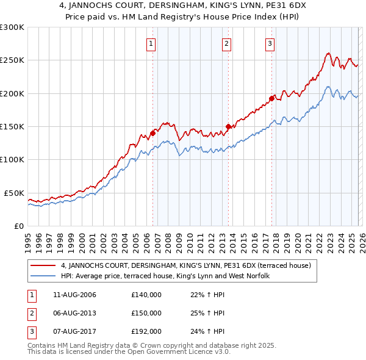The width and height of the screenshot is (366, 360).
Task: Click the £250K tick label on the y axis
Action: (12, 60)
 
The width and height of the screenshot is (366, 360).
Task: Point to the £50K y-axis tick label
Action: (15, 193)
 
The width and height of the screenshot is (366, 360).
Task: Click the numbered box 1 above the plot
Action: (151, 43)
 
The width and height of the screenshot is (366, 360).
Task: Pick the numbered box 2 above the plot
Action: (226, 43)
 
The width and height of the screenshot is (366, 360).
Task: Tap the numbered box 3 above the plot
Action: (270, 43)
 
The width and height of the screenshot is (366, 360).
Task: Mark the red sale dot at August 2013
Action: (228, 127)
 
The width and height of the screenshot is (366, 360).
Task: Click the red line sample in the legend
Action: (44, 265)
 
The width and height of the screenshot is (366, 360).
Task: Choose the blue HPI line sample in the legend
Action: (44, 276)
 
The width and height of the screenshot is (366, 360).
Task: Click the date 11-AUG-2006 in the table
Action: (74, 295)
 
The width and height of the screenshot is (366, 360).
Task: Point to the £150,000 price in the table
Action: (146, 313)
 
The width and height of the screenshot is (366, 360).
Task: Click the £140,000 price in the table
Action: (146, 295)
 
